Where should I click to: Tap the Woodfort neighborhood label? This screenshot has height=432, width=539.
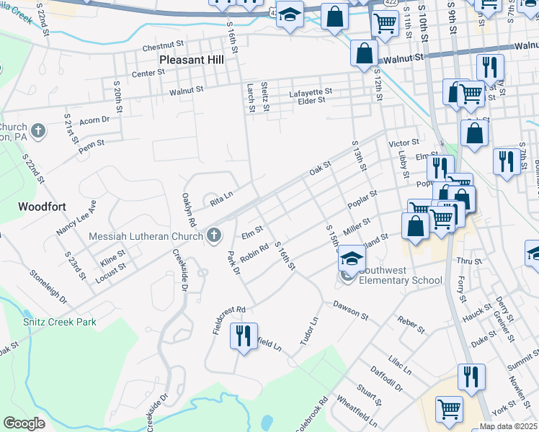(42, 207)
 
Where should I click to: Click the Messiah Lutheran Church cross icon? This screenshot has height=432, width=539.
(213, 235)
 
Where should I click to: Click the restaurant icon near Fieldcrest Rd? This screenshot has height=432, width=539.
(244, 336)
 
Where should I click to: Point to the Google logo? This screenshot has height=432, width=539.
(24, 423)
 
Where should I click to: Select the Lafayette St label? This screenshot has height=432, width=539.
(311, 91)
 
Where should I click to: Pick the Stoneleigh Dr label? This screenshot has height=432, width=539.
(48, 287)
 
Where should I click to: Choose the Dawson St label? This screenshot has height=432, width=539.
(351, 310)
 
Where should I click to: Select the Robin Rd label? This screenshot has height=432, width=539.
(254, 255)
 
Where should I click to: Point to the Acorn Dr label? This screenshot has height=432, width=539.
(94, 120)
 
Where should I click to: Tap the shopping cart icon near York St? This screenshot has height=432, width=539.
(449, 408)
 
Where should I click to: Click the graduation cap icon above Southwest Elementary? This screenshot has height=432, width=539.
(352, 259)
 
